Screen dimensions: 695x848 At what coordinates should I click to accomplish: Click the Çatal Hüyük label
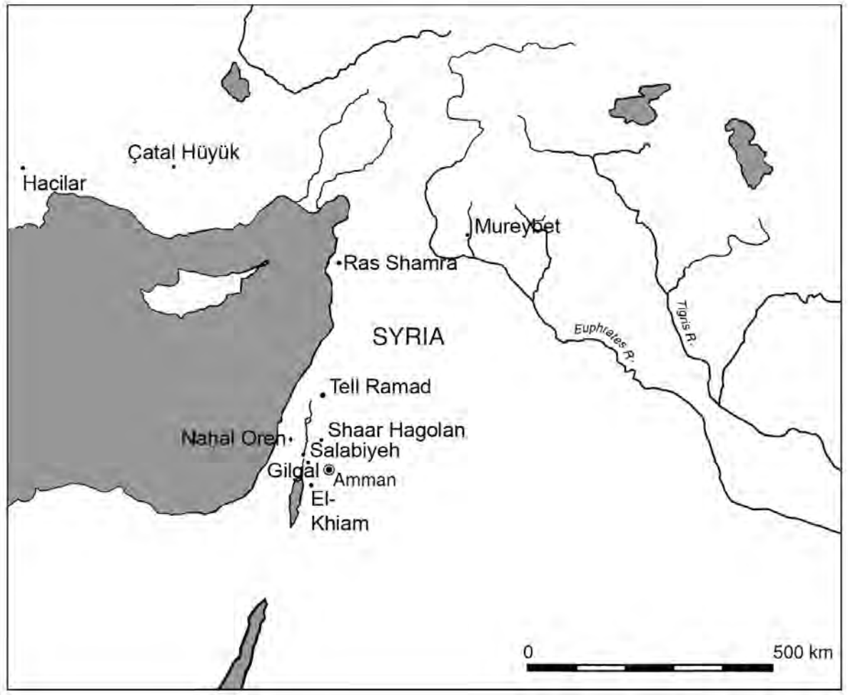tap(183, 153)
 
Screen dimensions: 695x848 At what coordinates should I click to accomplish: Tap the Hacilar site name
tap(54, 184)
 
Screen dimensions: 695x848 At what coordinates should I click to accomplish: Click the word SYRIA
tap(408, 337)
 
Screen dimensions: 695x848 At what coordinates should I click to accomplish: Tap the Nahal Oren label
tap(233, 438)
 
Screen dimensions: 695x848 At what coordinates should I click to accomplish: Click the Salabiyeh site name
tap(345, 451)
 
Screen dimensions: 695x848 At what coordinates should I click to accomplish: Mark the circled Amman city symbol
tap(329, 470)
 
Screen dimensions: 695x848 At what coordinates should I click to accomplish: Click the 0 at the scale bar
tap(528, 651)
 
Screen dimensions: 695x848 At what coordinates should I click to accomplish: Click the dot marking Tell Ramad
tap(323, 395)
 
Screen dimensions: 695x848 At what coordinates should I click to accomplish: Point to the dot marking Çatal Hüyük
tap(173, 167)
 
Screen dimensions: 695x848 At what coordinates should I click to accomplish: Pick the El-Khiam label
tap(343, 512)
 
